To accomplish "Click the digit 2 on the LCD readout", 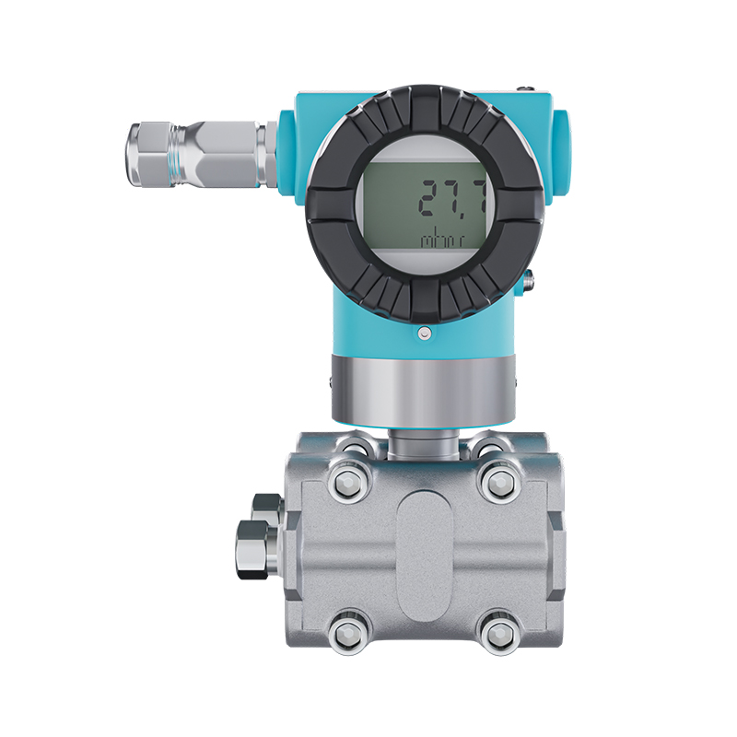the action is coord(431,197).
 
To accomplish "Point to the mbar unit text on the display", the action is coord(442,239).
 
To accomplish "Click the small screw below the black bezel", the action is coord(425,333).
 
